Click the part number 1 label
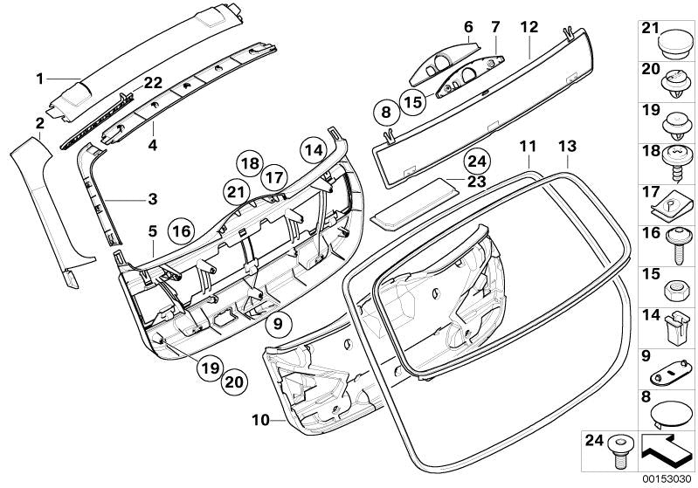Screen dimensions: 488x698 pos(39,79)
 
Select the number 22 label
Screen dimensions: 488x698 pos(154,83)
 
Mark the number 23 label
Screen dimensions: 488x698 pos(475,182)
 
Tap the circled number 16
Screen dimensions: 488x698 pos(181,231)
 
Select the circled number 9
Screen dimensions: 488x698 pos(277,325)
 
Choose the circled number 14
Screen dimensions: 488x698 pos(314,149)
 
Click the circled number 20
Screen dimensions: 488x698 pos(233,381)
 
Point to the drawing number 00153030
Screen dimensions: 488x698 pos(667,478)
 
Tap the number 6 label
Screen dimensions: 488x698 pos(467,27)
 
